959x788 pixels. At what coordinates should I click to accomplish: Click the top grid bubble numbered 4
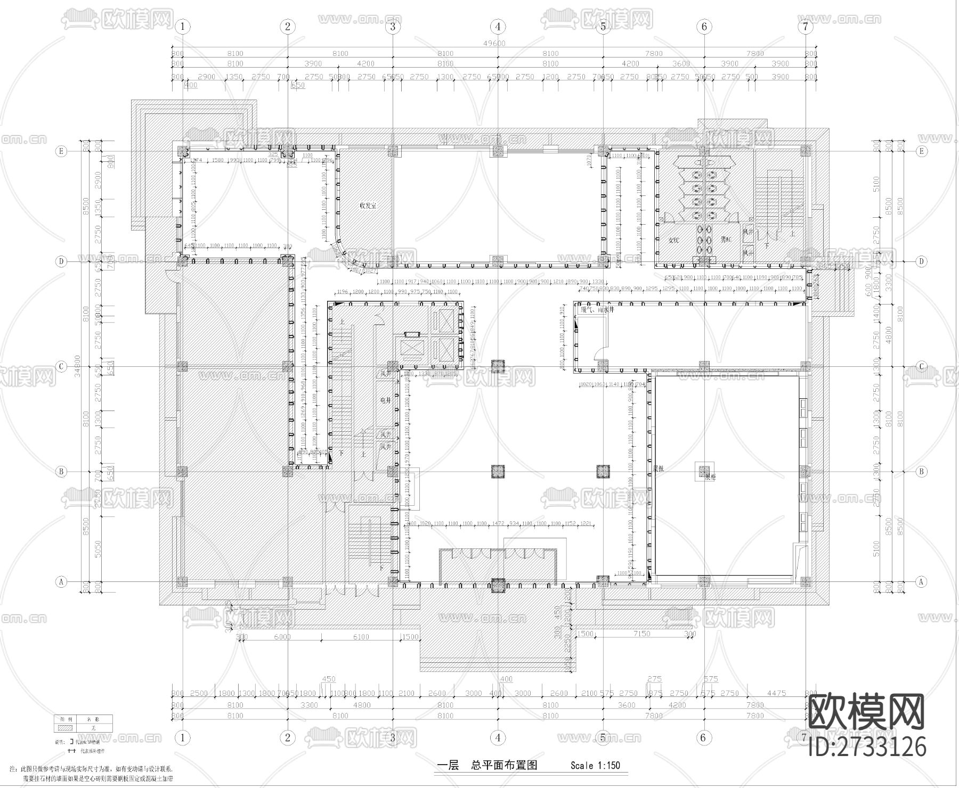(x=498, y=26)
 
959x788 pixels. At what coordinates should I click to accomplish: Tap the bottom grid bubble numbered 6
(x=704, y=737)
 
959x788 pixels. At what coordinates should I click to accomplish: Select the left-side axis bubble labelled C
(x=61, y=366)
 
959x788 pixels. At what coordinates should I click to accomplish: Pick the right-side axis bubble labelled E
(x=922, y=151)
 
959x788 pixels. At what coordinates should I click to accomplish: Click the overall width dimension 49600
(x=495, y=43)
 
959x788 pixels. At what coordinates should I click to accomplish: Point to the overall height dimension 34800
(x=78, y=366)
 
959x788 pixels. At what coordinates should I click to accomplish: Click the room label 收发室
(x=368, y=205)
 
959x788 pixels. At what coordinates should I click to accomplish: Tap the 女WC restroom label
(x=674, y=240)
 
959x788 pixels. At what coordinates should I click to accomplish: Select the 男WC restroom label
(x=726, y=240)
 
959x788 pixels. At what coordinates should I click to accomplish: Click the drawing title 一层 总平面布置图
(x=487, y=766)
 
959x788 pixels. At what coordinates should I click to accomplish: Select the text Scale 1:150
(x=595, y=766)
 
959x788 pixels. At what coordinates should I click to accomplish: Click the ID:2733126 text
(x=867, y=746)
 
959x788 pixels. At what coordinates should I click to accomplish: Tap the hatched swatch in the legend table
(x=64, y=727)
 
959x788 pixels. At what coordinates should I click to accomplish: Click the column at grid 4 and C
(x=498, y=366)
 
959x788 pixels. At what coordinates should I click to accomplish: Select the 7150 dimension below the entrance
(x=642, y=634)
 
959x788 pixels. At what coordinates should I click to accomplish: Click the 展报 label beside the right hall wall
(x=658, y=469)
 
